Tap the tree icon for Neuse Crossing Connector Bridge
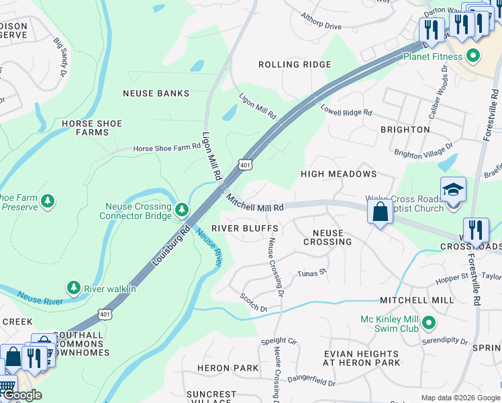181,211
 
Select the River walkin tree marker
73,287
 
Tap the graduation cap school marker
453,190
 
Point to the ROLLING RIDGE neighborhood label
295,64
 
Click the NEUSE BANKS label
156,93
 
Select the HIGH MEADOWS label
338,174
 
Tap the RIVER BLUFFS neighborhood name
245,228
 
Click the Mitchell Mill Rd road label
254,203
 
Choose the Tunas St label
311,273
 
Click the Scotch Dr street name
254,303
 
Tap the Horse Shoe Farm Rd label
163,148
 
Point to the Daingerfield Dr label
311,382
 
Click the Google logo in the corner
22,395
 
